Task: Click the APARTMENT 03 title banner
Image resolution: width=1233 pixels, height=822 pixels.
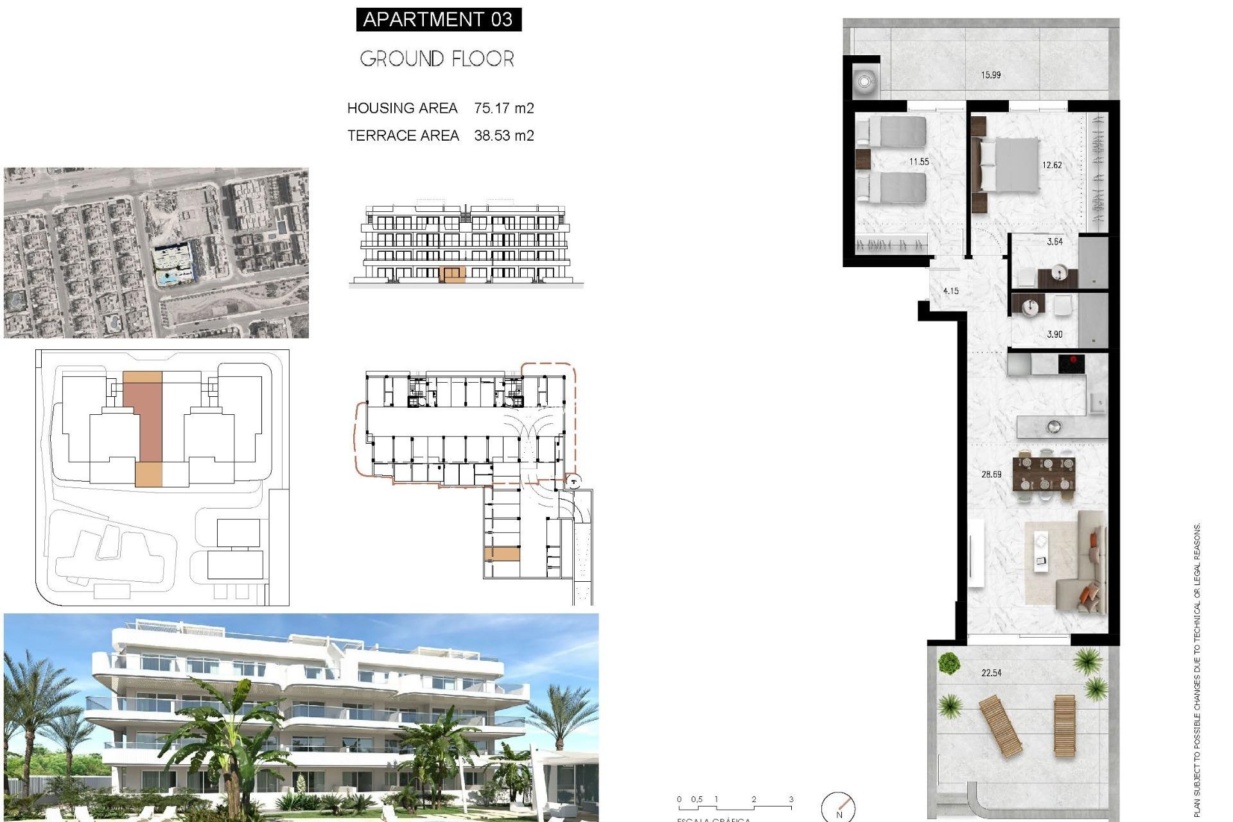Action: click(x=438, y=19)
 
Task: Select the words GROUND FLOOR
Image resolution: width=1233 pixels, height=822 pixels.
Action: click(x=437, y=59)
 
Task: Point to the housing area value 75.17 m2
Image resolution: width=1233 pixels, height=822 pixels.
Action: click(x=504, y=108)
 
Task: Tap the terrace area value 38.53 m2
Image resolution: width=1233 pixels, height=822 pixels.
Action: click(x=504, y=136)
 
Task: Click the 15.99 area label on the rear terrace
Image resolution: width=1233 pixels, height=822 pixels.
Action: click(x=990, y=75)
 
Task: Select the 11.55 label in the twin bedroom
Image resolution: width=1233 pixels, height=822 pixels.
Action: click(x=919, y=162)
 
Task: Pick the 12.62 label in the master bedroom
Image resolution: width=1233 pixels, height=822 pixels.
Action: click(x=1052, y=165)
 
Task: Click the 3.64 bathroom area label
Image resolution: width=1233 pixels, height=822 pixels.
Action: click(x=1054, y=242)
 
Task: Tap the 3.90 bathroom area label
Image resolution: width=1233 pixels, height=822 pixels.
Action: click(x=1054, y=335)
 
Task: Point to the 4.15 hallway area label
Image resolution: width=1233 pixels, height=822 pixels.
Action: click(x=950, y=291)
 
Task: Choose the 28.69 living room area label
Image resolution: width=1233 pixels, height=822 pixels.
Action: click(x=991, y=475)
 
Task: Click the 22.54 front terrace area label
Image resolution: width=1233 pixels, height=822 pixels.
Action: click(x=991, y=673)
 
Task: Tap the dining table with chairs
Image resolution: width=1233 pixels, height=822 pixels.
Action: click(x=1044, y=474)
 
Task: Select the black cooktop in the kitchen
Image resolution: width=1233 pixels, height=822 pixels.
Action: click(x=1071, y=364)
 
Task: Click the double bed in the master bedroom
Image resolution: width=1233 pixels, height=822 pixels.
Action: click(x=1008, y=165)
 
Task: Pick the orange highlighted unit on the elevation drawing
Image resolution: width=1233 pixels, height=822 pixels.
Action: click(x=453, y=275)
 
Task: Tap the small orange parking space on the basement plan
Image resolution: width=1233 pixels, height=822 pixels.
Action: click(x=502, y=554)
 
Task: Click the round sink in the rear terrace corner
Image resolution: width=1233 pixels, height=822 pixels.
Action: click(x=864, y=82)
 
